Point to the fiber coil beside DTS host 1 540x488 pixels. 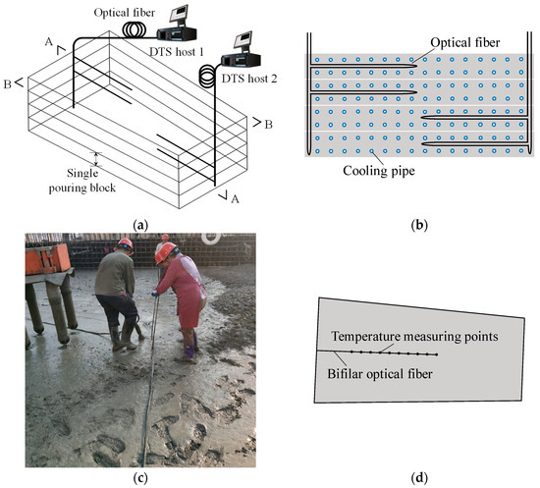pos(135,32)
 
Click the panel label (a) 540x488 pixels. pos(142,225)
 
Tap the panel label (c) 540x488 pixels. pos(142,478)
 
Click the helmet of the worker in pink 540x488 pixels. pos(165,252)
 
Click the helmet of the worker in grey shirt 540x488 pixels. pos(125,244)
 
